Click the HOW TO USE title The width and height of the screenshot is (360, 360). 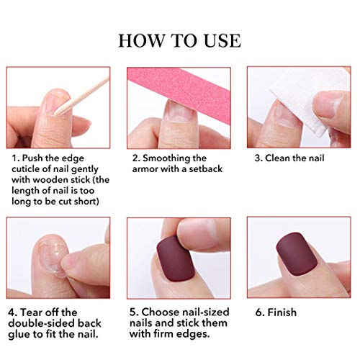180,40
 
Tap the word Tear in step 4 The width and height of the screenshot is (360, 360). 33,312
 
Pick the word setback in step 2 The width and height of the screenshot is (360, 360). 204,169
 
